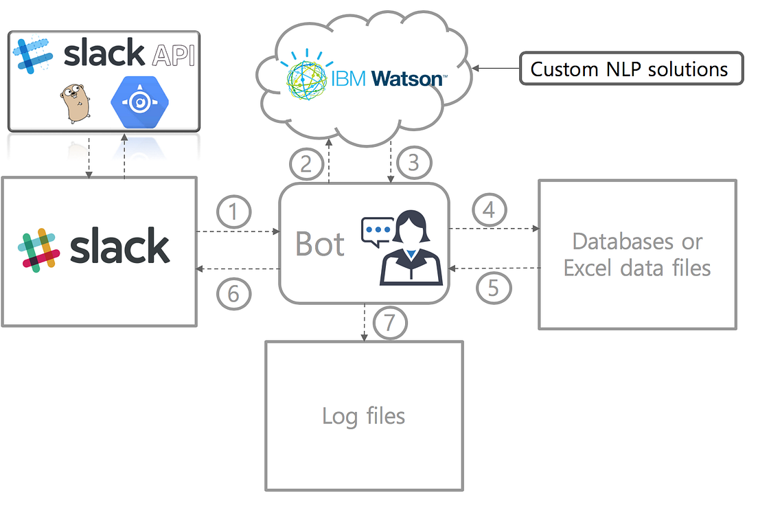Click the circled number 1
[234, 212]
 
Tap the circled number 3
[413, 163]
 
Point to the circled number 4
[489, 210]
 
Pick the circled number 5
[494, 288]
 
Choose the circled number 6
[234, 294]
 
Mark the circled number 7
[390, 323]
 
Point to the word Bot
[319, 244]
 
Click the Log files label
[364, 415]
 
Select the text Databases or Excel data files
[637, 254]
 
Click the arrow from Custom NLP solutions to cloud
[495, 67]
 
